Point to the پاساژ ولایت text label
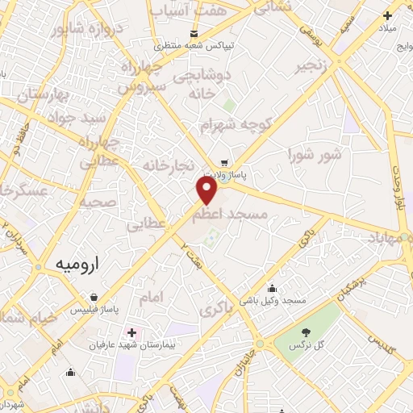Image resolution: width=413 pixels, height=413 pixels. [x=224, y=173]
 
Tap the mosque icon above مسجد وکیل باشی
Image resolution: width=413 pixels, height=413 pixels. [x=273, y=288]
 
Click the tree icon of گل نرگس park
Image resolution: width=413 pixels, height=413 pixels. [x=306, y=332]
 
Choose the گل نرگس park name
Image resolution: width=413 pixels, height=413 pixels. [x=307, y=345]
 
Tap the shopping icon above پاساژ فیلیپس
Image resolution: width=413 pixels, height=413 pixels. [x=95, y=296]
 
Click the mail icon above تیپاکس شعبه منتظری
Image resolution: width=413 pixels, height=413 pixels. [x=194, y=33]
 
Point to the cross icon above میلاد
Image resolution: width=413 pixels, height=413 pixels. [x=388, y=15]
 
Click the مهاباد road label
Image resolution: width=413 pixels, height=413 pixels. [x=388, y=239]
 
